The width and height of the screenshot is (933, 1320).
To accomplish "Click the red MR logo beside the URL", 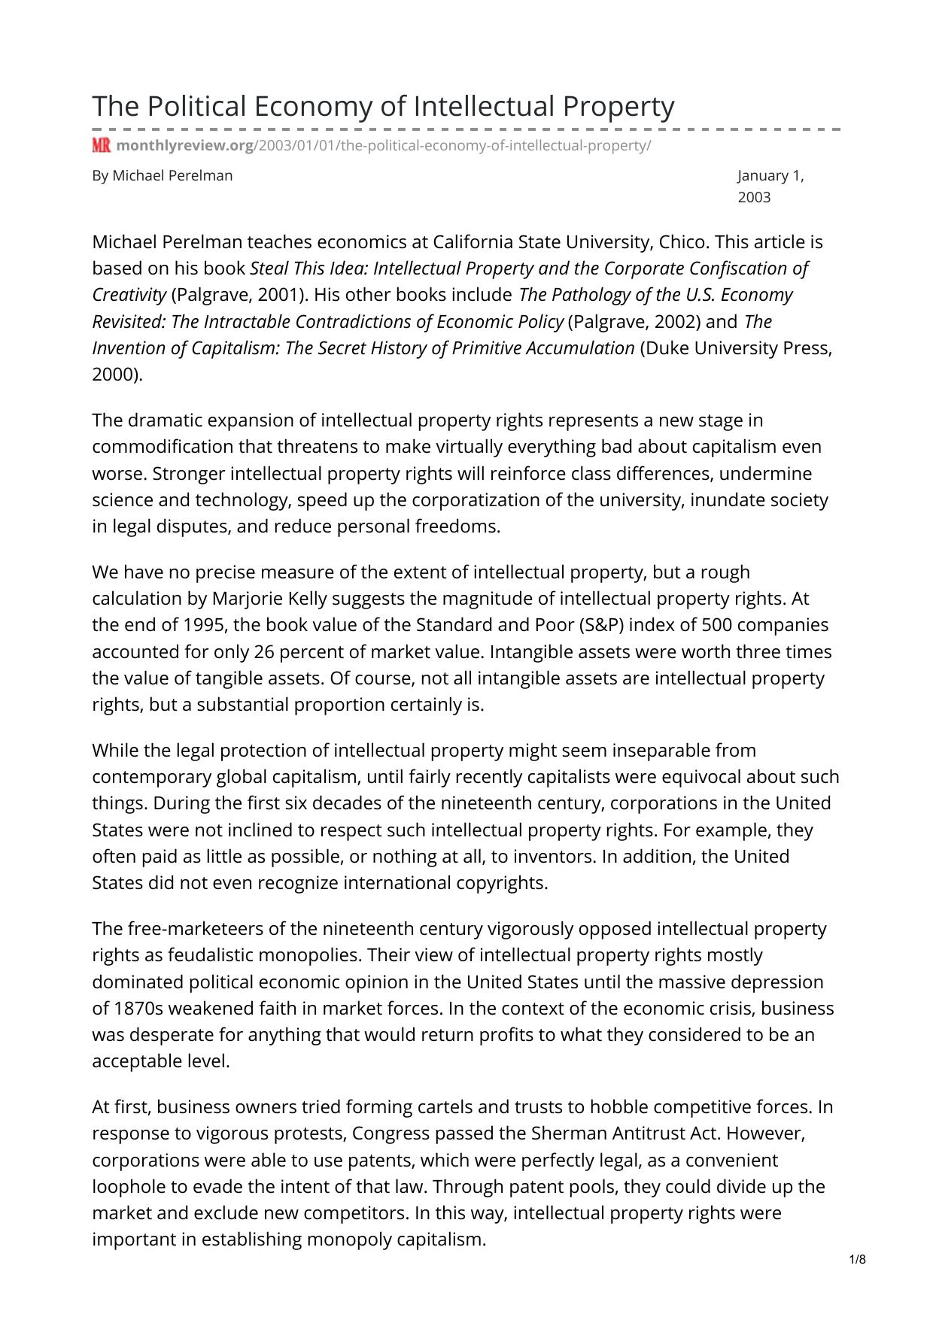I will point(101,146).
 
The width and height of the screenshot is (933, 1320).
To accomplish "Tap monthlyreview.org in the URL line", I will point(185,146).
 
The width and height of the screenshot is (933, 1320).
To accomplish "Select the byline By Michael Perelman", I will point(163,176).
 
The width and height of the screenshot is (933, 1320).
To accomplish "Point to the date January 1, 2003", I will point(770,186).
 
